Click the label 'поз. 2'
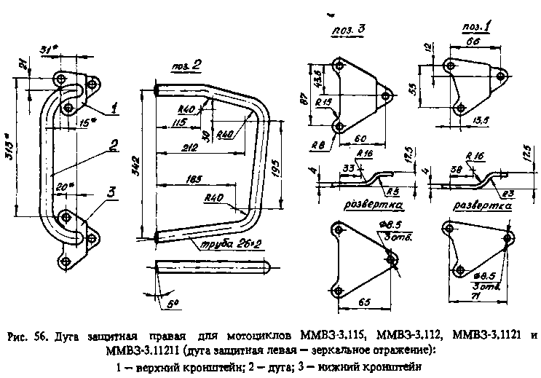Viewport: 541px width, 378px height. point(186,66)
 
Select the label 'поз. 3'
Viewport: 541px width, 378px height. point(349,29)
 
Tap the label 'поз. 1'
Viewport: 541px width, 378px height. point(474,28)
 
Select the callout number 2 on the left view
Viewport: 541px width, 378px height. point(114,145)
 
